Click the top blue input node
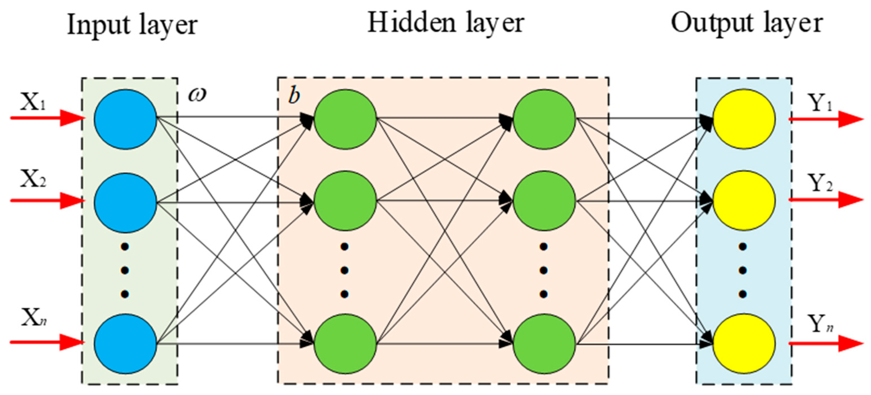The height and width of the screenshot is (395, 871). [x=125, y=119]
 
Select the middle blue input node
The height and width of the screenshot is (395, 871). [x=125, y=202]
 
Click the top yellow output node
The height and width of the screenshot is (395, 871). [x=744, y=119]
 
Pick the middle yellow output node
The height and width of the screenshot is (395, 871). [x=744, y=201]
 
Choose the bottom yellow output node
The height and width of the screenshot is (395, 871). [x=744, y=344]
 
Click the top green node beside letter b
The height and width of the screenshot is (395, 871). [x=345, y=119]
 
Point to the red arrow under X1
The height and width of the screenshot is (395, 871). [x=47, y=118]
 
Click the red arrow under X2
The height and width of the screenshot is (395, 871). [x=47, y=201]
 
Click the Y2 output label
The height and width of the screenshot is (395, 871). [x=820, y=183]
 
